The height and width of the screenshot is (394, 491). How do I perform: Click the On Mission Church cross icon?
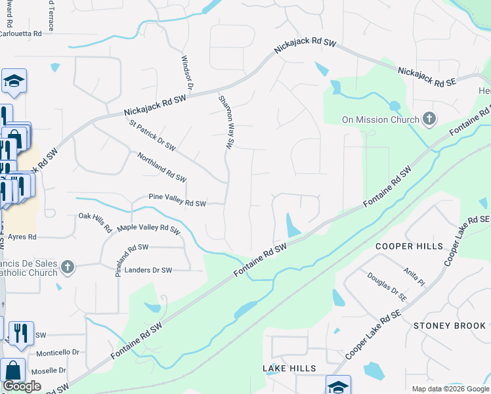tap(429, 120)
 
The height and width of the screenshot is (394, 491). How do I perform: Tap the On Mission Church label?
tap(380, 120)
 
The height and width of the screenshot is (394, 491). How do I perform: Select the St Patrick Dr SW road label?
tap(152, 135)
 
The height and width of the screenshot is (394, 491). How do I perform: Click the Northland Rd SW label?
tap(161, 167)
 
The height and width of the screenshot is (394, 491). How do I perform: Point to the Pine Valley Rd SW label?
tap(177, 200)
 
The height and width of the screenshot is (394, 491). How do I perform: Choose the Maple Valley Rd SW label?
tap(148, 229)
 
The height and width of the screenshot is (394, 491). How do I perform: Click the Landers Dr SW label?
tap(148, 270)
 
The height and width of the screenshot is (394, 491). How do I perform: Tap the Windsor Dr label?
tap(186, 72)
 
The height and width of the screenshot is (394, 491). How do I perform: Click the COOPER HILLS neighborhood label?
tap(404, 246)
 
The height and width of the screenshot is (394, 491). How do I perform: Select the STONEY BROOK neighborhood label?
tap(450, 326)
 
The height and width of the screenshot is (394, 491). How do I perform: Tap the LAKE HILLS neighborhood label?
tap(289, 368)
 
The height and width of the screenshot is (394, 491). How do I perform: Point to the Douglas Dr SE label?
tap(387, 288)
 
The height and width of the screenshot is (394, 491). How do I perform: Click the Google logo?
tap(22, 386)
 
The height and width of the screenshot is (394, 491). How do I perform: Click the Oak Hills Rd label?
tap(95, 222)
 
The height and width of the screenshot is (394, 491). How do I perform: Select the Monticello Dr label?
tap(57, 353)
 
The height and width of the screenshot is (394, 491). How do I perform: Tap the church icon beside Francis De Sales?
tap(67, 267)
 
